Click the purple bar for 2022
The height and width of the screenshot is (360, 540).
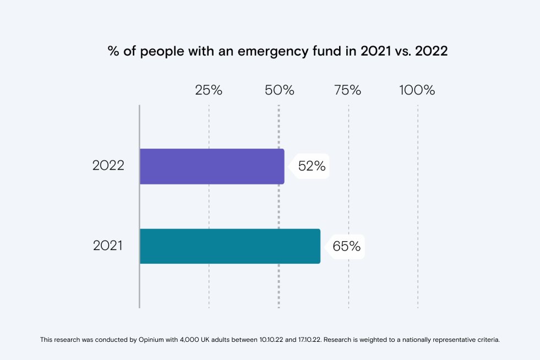point(212,166)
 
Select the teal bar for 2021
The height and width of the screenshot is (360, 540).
point(230,246)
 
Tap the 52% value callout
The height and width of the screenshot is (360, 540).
point(312,166)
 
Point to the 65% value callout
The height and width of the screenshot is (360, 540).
point(347,247)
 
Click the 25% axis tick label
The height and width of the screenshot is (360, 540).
point(209,90)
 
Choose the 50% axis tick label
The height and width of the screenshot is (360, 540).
point(279,90)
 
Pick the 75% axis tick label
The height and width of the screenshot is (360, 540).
point(348,90)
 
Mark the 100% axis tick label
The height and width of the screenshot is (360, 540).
point(417,90)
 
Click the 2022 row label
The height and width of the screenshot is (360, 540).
point(108,165)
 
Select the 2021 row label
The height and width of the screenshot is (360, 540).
point(107,246)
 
